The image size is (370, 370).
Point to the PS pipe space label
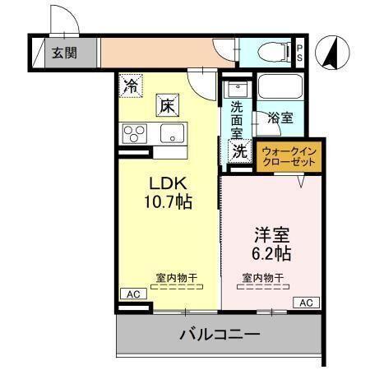point(299,53)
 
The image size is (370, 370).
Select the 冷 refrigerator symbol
point(131,84)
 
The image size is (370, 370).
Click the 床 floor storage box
point(167,104)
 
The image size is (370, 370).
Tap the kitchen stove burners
point(133,133)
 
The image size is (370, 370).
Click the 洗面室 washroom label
point(237,118)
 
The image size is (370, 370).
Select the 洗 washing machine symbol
point(239,150)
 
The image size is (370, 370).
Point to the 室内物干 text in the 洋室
point(263,277)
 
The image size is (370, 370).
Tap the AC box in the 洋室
point(305,303)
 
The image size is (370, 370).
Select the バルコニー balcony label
point(220,335)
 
